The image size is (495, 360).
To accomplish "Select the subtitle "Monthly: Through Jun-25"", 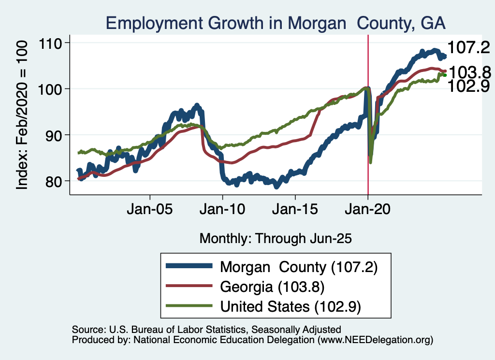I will click(x=276, y=238).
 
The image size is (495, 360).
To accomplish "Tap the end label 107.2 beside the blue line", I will click(x=468, y=47).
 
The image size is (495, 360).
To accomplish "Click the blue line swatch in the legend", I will click(x=189, y=266).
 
